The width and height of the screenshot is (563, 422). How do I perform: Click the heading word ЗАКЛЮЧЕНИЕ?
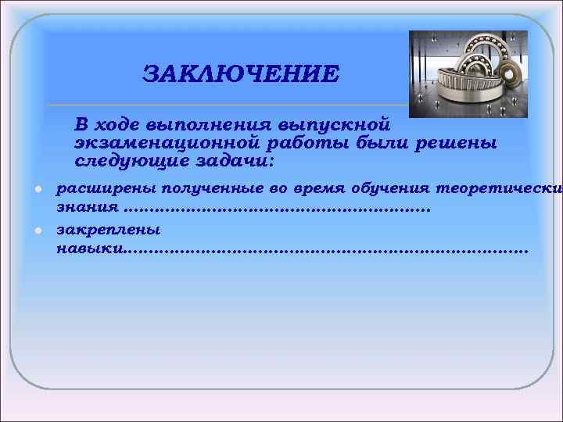241,74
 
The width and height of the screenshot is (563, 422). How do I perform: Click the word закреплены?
108,230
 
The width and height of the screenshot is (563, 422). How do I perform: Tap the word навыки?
88,249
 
